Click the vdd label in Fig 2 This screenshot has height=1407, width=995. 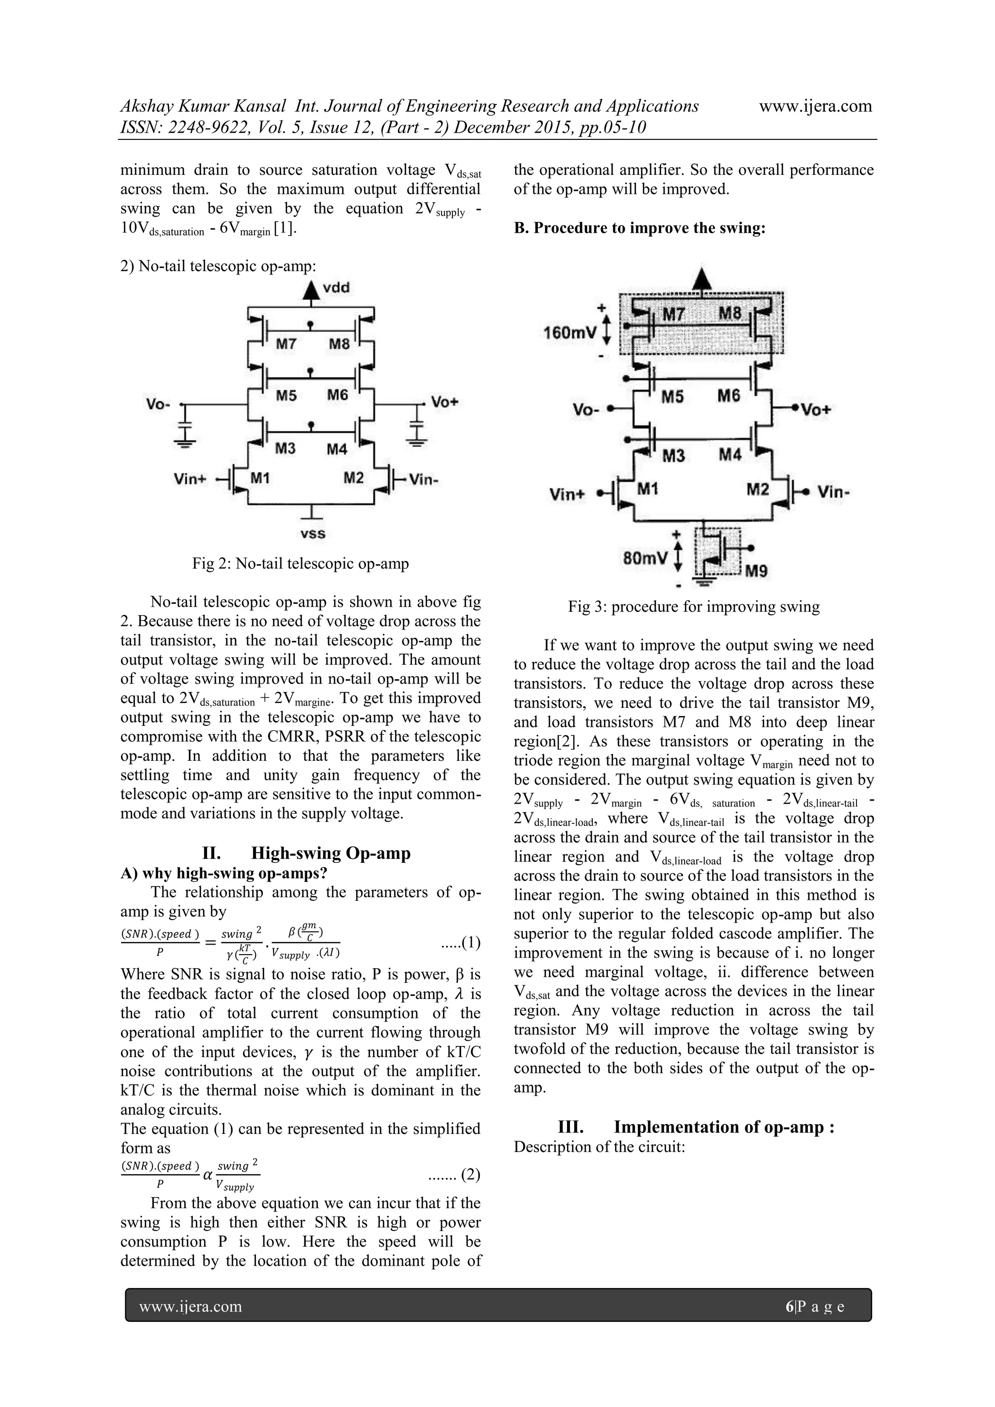(336, 288)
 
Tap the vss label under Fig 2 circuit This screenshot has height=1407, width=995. (313, 534)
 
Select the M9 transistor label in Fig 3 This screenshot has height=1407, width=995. (756, 571)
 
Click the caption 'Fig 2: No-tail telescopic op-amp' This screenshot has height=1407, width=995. (300, 563)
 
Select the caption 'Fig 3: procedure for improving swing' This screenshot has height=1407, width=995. (694, 607)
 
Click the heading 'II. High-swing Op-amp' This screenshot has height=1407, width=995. (307, 853)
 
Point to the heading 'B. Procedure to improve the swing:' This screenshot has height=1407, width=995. (640, 228)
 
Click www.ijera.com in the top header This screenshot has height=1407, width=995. (815, 106)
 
